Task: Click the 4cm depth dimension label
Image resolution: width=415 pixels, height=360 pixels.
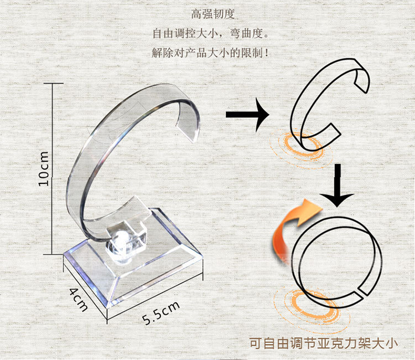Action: tap(79, 299)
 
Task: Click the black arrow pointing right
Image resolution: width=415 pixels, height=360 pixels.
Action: tap(247, 115)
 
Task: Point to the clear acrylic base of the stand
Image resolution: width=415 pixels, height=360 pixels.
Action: tap(133, 266)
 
